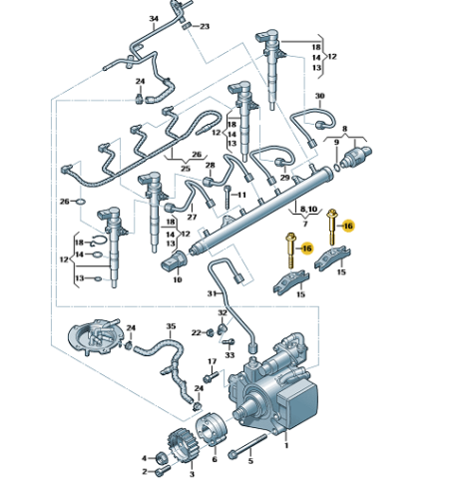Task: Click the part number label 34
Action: [154, 19]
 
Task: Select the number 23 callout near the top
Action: [205, 26]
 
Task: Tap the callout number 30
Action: [319, 96]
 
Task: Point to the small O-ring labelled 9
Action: [337, 167]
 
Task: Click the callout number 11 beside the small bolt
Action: [241, 195]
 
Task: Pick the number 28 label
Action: [211, 165]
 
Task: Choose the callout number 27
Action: [192, 217]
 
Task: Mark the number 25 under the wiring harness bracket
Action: [186, 169]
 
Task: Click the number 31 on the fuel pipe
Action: [213, 293]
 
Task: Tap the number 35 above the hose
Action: [171, 326]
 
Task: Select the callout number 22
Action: [197, 332]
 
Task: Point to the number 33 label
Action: [229, 355]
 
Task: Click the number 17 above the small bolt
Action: [213, 361]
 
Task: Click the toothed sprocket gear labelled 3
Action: [183, 445]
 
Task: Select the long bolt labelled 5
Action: [247, 445]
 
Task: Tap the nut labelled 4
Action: [162, 459]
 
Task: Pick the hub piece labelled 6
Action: [211, 430]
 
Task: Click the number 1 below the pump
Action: [286, 445]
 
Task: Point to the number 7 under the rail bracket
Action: [305, 224]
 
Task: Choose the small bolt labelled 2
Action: [163, 471]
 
